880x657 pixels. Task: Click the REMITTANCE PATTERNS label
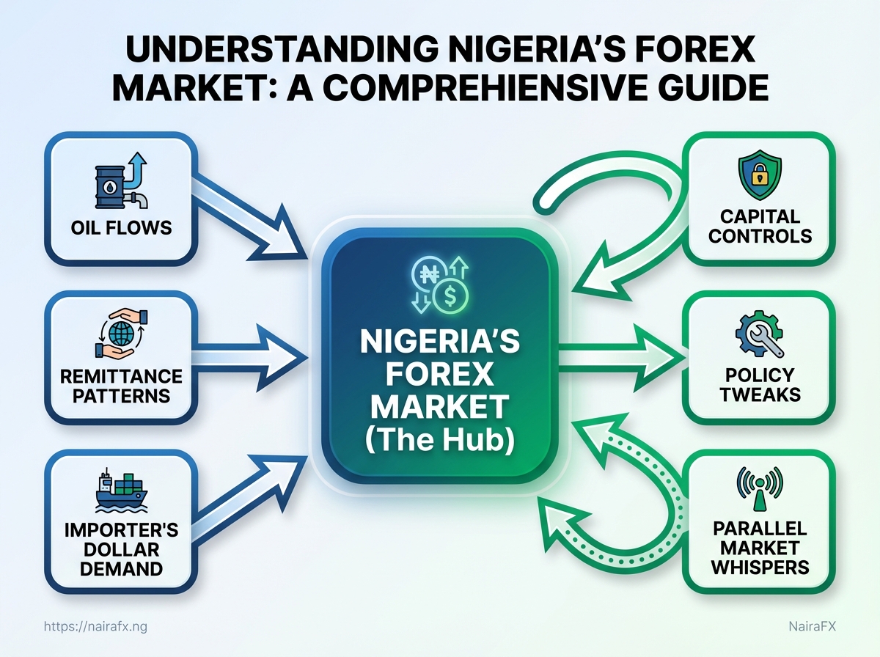(121, 386)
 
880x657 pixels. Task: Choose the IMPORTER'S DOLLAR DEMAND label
(121, 549)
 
